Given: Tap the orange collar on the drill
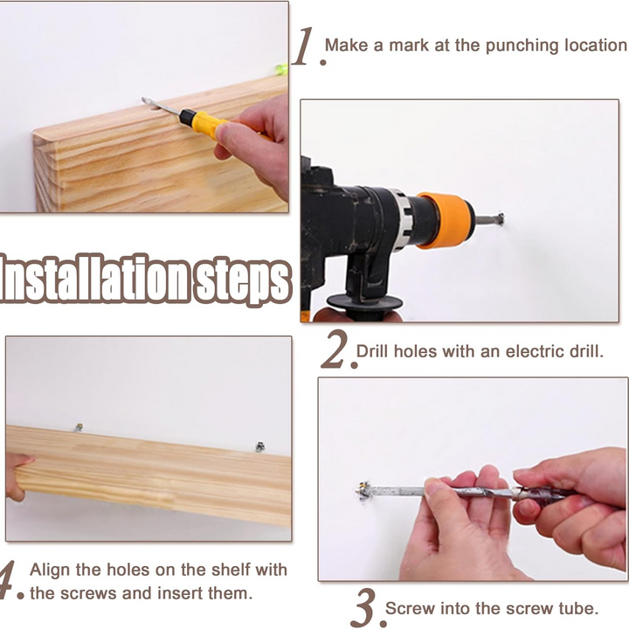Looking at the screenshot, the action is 446,220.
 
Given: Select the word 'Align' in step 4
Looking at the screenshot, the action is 49,570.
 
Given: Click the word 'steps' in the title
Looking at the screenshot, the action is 242,280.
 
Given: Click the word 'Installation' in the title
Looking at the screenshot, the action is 95,278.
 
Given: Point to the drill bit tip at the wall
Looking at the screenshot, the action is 500,219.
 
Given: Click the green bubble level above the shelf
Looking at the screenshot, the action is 281,69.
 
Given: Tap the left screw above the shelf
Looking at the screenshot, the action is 79,427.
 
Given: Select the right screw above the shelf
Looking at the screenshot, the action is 260,446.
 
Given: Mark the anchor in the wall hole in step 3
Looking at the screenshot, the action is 363,491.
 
